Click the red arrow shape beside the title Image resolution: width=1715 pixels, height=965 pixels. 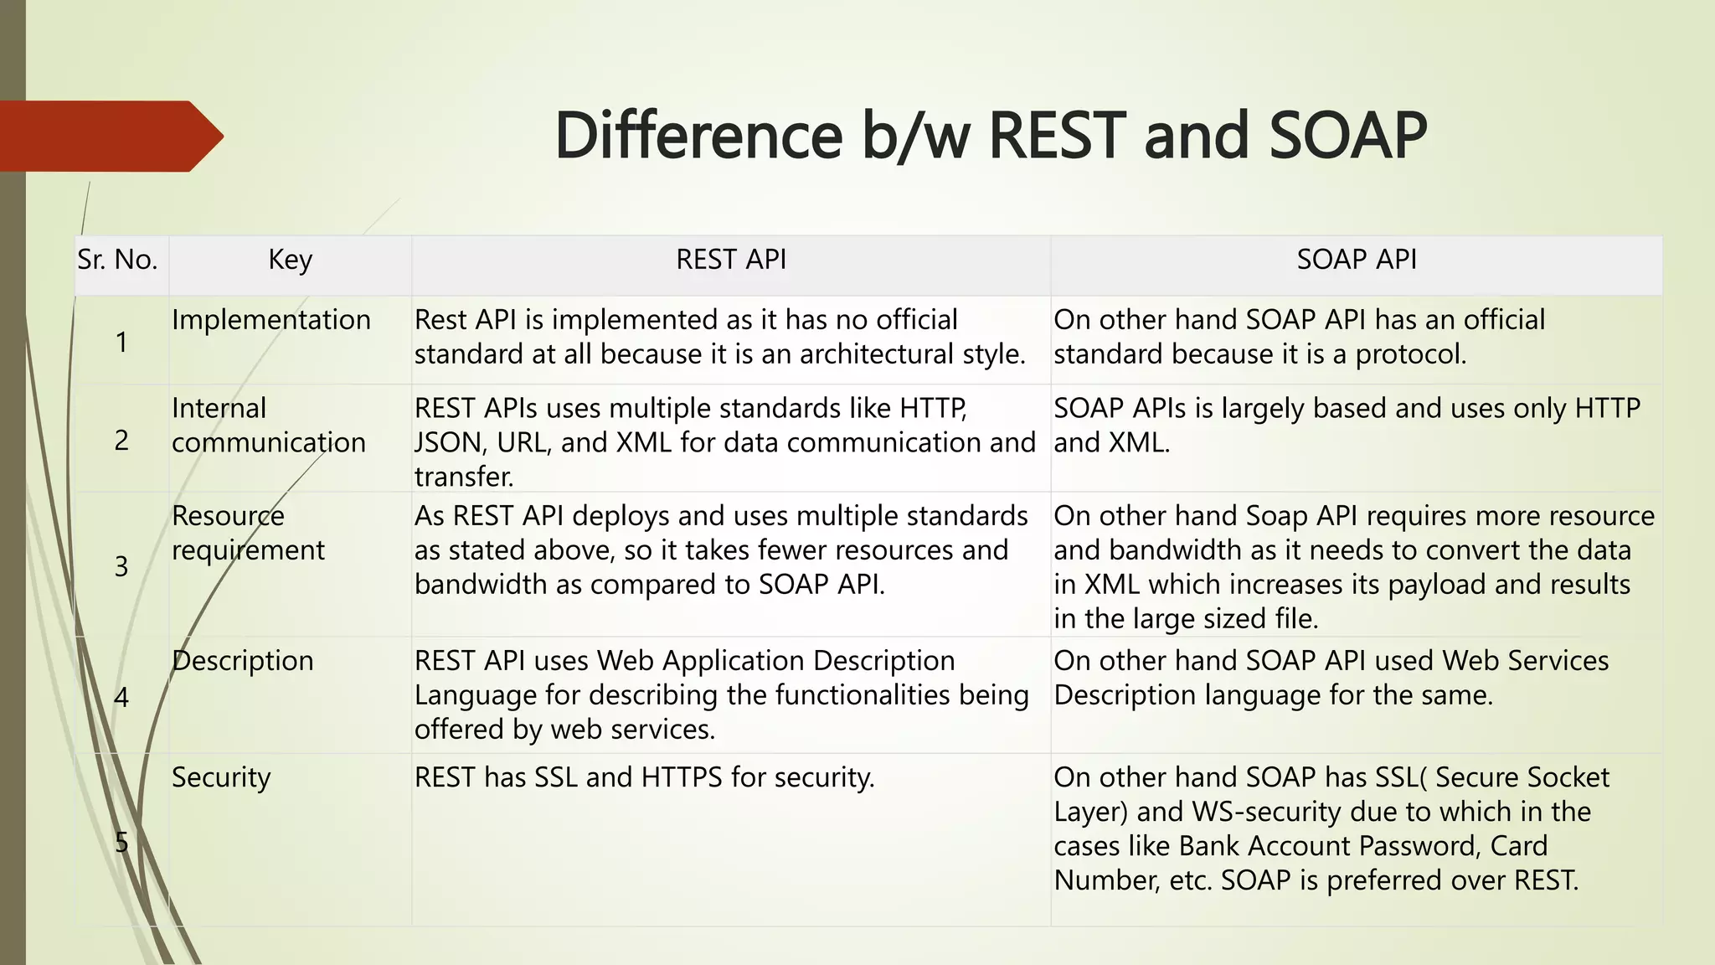pyautogui.click(x=109, y=136)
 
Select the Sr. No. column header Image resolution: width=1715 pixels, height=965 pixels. pyautogui.click(x=117, y=260)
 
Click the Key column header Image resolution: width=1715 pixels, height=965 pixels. pyautogui.click(x=290, y=260)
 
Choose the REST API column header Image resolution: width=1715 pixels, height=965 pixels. pyautogui.click(x=731, y=260)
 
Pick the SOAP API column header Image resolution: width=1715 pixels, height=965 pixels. pyautogui.click(x=1356, y=260)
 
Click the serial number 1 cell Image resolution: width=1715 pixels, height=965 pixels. pyautogui.click(x=121, y=342)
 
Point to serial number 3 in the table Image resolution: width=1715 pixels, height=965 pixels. pyautogui.click(x=121, y=567)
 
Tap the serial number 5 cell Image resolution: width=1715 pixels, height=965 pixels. pyautogui.click(x=121, y=842)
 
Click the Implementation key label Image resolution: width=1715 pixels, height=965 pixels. pyautogui.click(x=270, y=320)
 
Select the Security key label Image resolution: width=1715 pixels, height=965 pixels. pyautogui.click(x=221, y=777)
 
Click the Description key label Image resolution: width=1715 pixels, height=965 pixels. pyautogui.click(x=243, y=661)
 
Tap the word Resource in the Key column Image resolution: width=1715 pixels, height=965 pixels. pyautogui.click(x=228, y=516)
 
